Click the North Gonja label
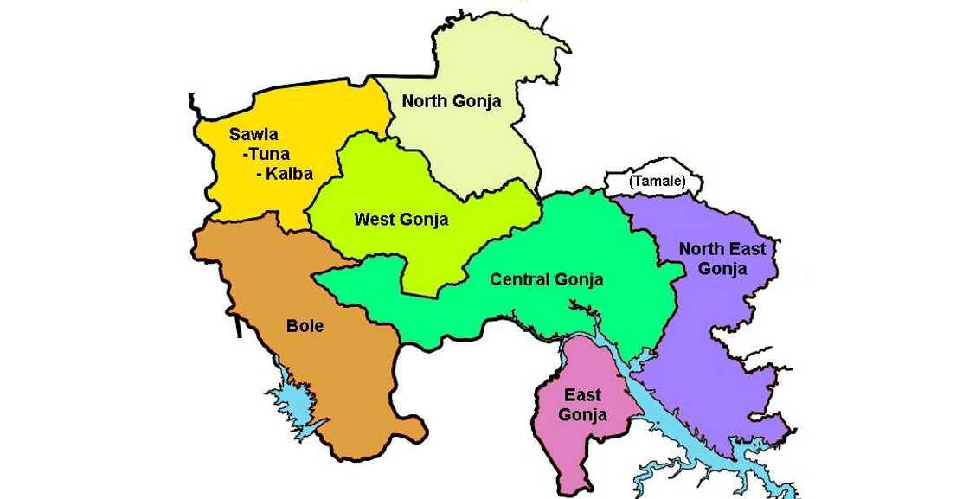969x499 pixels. pos(451,101)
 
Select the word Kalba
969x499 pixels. pos(288,174)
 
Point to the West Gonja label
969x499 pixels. pos(401,220)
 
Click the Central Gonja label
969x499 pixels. pos(546,279)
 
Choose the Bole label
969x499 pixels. pos(305,326)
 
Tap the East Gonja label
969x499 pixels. pos(582,405)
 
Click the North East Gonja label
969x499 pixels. pos(722,259)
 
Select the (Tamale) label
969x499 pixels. pos(658,182)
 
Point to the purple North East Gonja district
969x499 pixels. pos(709,346)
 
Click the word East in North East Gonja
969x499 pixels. pos(747,249)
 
